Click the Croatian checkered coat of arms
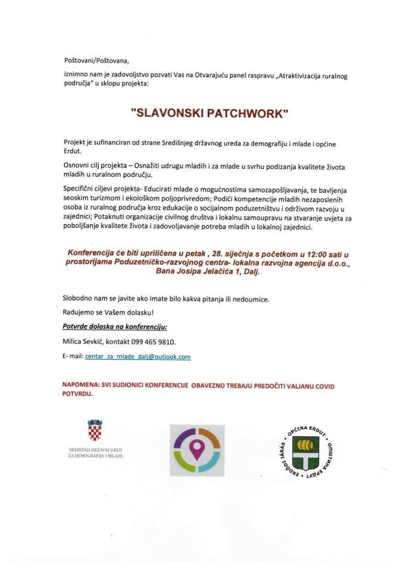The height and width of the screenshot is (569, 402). (x=95, y=431)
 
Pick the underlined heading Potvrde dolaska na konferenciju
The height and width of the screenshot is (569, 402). (x=115, y=327)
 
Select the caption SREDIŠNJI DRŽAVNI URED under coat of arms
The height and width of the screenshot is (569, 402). (x=95, y=450)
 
